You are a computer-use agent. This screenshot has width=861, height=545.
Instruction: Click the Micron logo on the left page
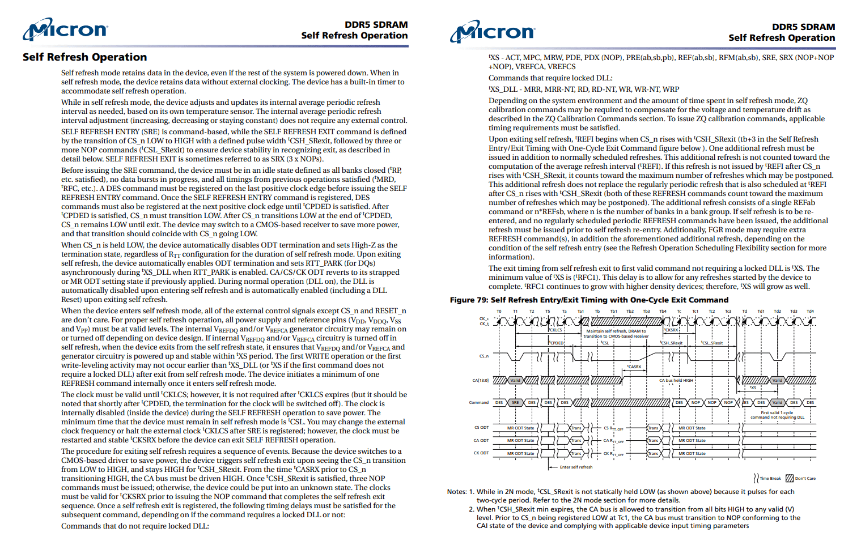pyautogui.click(x=65, y=29)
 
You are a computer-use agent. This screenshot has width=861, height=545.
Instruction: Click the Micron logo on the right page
pyautogui.click(x=493, y=32)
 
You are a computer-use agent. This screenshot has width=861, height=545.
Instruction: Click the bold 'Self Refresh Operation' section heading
pyautogui.click(x=84, y=57)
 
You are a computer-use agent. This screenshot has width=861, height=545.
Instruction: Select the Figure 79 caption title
pyautogui.click(x=589, y=300)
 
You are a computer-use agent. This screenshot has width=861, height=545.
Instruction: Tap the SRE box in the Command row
pyautogui.click(x=515, y=402)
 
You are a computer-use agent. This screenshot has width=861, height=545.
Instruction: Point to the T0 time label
pyautogui.click(x=499, y=311)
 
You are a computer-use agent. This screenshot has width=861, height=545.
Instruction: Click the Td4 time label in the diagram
pyautogui.click(x=810, y=311)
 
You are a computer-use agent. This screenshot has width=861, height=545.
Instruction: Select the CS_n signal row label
pyautogui.click(x=483, y=356)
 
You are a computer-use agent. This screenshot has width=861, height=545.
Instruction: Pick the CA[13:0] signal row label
pyautogui.click(x=481, y=380)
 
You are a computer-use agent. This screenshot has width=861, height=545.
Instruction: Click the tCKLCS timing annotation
pyautogui.click(x=555, y=330)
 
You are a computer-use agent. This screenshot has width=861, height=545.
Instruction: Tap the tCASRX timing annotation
pyautogui.click(x=634, y=367)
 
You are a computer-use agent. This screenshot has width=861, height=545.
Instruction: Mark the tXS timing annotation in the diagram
pyautogui.click(x=753, y=388)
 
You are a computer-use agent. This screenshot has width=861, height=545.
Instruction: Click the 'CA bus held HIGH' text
pyautogui.click(x=676, y=380)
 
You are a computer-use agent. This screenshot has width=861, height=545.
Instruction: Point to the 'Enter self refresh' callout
pyautogui.click(x=576, y=467)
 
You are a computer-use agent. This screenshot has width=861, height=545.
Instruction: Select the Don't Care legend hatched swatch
pyautogui.click(x=790, y=478)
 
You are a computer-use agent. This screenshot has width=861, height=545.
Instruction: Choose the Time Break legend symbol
pyautogui.click(x=756, y=478)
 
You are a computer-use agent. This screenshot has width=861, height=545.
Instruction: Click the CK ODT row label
pyautogui.click(x=481, y=453)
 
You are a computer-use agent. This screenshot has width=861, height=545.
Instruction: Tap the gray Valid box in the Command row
pyautogui.click(x=777, y=402)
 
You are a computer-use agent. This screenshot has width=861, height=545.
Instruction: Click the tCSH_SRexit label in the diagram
pyautogui.click(x=672, y=343)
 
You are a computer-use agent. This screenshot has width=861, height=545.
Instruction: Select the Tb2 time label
pyautogui.click(x=630, y=311)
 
